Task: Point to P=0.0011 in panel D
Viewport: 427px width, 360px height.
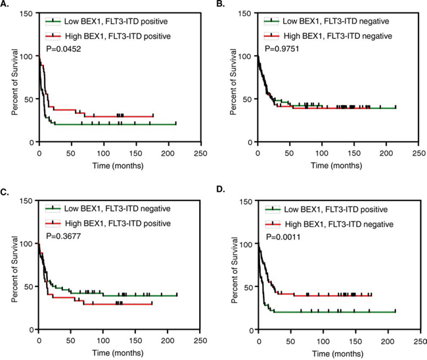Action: click(x=281, y=233)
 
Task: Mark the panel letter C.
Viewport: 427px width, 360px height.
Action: click(x=6, y=192)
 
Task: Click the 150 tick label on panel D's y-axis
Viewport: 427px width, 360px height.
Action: click(x=244, y=200)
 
